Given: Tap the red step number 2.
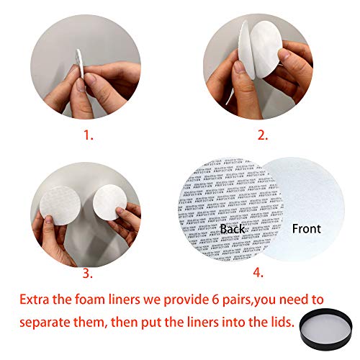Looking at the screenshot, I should tap(264, 134).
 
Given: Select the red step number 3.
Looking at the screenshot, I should tap(86, 273).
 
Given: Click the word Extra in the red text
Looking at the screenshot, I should tap(37, 298).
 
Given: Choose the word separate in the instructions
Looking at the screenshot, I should tap(48, 324).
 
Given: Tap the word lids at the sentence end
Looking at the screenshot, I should tap(281, 324).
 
